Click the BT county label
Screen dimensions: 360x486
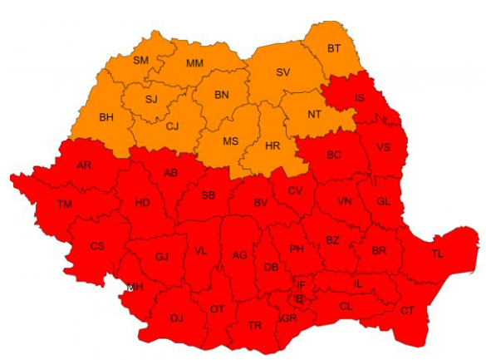click(333, 48)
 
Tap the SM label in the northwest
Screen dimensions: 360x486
click(141, 60)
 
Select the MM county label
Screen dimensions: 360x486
click(194, 63)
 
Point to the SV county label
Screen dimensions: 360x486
click(282, 72)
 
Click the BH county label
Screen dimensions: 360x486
click(106, 117)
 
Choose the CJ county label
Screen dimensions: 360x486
click(172, 126)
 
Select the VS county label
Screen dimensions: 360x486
click(383, 147)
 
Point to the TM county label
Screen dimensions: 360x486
click(64, 204)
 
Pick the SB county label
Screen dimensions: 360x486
click(209, 195)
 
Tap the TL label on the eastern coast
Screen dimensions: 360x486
click(437, 254)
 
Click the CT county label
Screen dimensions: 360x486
click(407, 310)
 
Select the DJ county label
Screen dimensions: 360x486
click(176, 318)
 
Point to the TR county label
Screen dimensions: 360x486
click(255, 324)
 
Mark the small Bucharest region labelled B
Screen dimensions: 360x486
click(298, 299)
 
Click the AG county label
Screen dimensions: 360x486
click(240, 255)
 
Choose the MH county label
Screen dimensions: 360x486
click(134, 288)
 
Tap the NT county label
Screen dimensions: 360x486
click(315, 114)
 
